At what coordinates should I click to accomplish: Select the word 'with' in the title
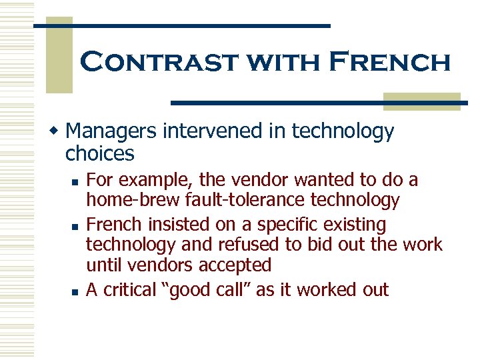274,62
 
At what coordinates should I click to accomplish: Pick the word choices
100,154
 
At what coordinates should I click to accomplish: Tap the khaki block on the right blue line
422,101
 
